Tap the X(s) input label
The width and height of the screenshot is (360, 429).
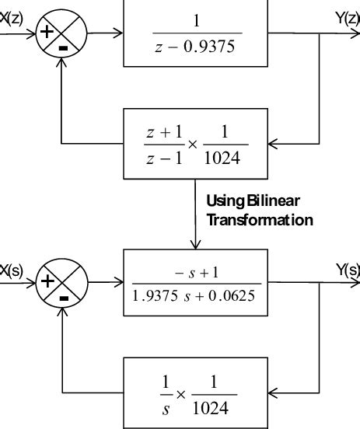(12, 270)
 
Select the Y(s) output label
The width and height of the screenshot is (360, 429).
(348, 270)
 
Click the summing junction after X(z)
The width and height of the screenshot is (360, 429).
(63, 34)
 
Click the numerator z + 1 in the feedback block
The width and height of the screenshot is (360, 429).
(161, 132)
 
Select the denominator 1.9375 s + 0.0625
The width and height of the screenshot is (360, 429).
(197, 298)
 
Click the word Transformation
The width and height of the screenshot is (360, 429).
(260, 220)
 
